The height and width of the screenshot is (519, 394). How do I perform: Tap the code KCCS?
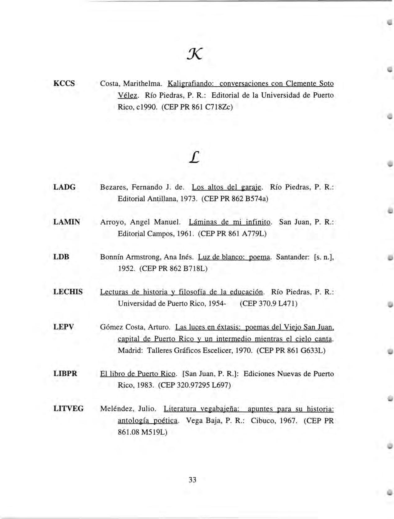point(64,83)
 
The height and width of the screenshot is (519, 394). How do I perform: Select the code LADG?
point(65,187)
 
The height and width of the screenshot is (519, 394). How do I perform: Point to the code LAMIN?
point(67,222)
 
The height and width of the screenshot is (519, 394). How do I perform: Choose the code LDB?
point(61,257)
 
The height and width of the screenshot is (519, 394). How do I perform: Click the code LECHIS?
point(68,292)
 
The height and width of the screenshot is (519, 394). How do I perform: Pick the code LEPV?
point(64,327)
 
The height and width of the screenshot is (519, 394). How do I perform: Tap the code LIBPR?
point(65,374)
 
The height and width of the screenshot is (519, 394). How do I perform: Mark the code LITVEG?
point(69,408)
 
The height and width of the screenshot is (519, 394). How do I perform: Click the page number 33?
point(192,480)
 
